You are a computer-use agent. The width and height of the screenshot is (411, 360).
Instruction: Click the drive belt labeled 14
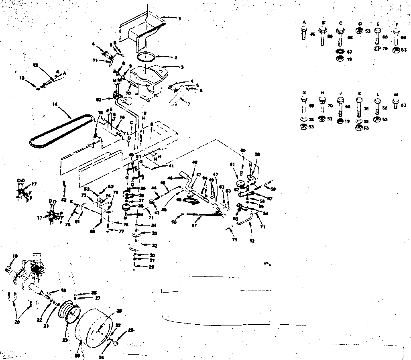[60, 132]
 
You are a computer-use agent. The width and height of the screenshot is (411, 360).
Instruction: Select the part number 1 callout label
[179, 18]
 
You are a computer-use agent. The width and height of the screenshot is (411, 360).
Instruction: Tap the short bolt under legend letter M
[396, 103]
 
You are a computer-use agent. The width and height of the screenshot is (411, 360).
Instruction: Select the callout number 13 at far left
[22, 77]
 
